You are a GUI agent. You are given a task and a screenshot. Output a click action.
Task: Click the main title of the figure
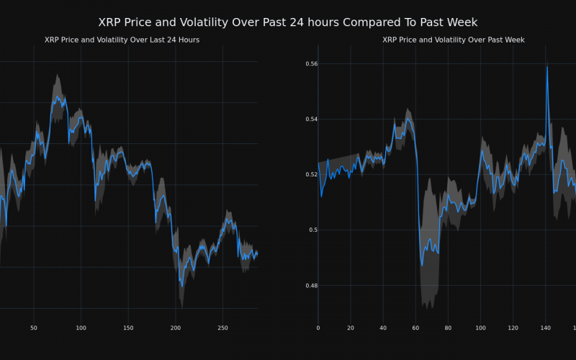coord(287,22)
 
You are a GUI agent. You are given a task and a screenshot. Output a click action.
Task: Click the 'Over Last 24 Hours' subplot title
coord(122,40)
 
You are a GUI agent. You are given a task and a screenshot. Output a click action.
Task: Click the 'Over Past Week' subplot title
coord(453,40)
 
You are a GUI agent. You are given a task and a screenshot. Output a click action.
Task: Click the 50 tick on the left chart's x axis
coord(33,328)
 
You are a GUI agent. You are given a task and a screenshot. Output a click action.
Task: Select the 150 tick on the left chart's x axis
coord(128,328)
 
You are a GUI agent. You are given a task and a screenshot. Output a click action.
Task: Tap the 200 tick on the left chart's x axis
coord(176,328)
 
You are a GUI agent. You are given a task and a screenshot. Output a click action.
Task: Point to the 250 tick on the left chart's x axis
coord(222,328)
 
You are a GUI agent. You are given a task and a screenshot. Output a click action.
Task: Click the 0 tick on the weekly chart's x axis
coord(318,328)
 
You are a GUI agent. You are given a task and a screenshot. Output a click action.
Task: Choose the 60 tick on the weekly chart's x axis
coord(415,328)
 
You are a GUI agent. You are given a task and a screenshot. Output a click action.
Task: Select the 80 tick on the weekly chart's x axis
coord(448,328)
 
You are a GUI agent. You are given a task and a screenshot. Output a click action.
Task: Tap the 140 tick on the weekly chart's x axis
coord(545,328)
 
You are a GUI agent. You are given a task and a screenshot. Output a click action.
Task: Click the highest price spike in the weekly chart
coord(547,67)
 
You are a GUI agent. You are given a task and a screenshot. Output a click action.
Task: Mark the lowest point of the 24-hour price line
coord(181,287)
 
